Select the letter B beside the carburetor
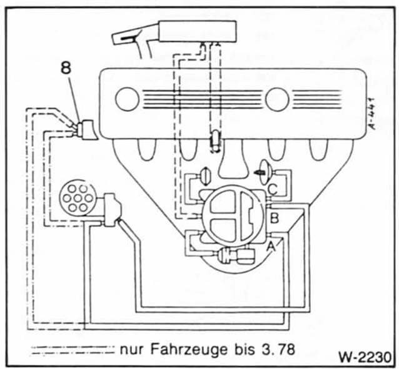(x=274, y=218)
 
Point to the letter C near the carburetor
(x=273, y=187)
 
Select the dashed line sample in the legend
(x=71, y=348)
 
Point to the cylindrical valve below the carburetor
(x=236, y=256)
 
